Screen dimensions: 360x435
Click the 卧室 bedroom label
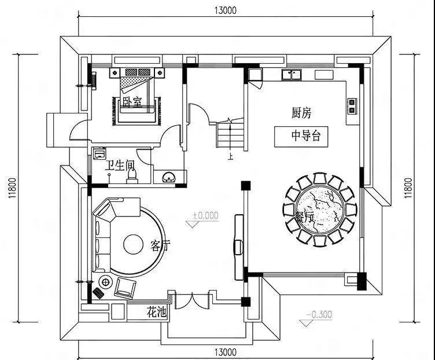(132, 102)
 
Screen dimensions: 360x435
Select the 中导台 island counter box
(301, 137)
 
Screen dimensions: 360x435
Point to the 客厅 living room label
(160, 245)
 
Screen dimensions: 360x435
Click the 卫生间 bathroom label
(119, 166)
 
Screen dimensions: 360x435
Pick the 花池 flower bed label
(156, 313)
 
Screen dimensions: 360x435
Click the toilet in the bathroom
(132, 174)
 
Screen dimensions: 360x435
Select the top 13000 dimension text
(225, 9)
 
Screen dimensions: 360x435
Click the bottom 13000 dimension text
(225, 351)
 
